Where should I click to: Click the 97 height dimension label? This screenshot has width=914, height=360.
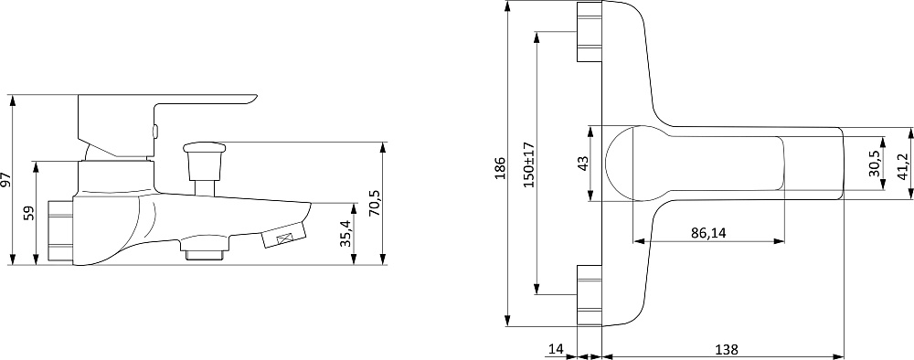(5, 179)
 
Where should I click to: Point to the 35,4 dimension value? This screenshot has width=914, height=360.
(346, 234)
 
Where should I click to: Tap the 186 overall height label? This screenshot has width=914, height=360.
(500, 168)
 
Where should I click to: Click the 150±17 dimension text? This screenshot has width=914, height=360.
(528, 164)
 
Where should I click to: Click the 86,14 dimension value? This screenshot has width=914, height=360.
(708, 233)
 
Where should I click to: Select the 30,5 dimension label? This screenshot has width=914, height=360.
(876, 163)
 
